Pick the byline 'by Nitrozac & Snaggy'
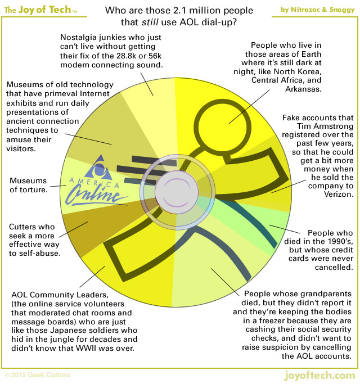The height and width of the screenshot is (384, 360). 317,8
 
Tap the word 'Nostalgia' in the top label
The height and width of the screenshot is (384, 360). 80,38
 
